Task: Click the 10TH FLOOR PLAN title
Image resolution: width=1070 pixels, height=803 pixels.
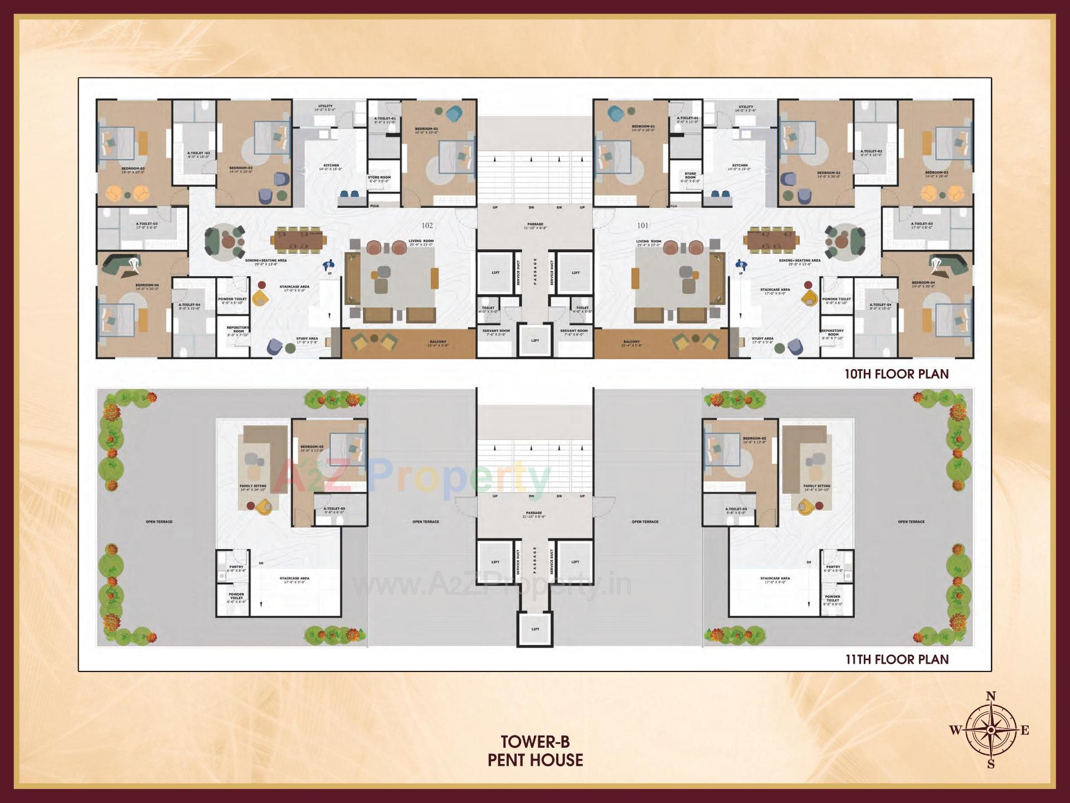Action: pos(896,374)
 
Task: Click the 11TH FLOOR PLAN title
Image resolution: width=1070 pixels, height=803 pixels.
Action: pos(897,660)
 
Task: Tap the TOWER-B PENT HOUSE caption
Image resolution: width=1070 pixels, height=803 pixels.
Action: pos(535,751)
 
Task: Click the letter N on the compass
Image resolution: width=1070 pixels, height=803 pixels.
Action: pos(991,696)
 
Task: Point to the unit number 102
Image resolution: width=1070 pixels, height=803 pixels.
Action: pos(427,225)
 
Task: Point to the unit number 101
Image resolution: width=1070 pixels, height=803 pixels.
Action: pos(643,225)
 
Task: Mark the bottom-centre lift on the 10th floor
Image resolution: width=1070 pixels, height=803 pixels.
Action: pos(535,341)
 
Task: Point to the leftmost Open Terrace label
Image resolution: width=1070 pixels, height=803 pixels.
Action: pos(159,522)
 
